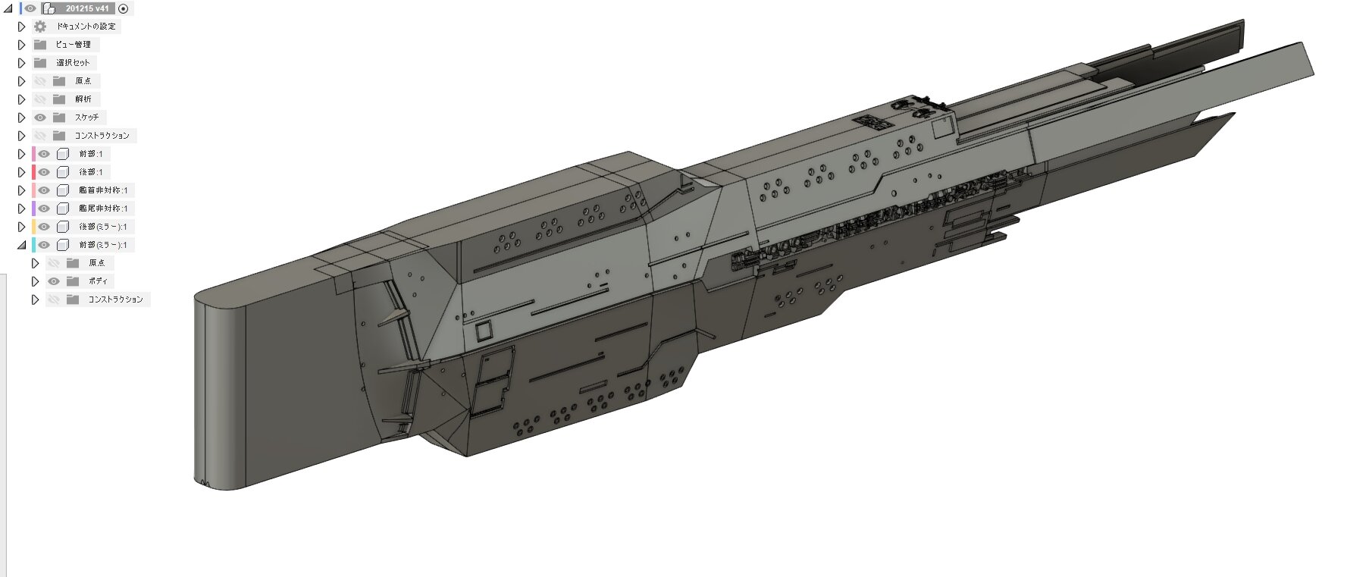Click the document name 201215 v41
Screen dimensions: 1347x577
click(x=87, y=8)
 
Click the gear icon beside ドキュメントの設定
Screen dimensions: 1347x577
click(x=40, y=27)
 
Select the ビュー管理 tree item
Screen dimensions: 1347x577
click(x=73, y=45)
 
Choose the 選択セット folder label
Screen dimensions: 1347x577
click(x=73, y=63)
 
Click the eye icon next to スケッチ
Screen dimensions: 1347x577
click(x=40, y=118)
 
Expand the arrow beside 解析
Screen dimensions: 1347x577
click(x=21, y=99)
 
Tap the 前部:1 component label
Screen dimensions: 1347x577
click(x=91, y=154)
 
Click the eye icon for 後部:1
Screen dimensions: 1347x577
click(x=44, y=172)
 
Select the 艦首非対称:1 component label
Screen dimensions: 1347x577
click(x=103, y=190)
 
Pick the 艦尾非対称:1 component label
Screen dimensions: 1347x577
click(x=103, y=209)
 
